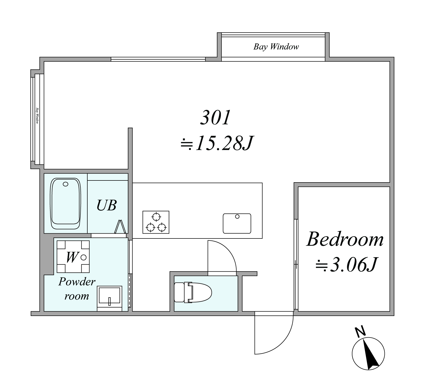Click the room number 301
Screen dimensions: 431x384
pyautogui.click(x=215, y=118)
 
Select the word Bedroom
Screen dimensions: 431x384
pyautogui.click(x=345, y=239)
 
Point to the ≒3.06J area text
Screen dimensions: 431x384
pyautogui.click(x=346, y=264)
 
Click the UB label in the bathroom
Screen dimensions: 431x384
pyautogui.click(x=107, y=205)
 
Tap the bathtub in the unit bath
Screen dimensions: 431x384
pyautogui.click(x=66, y=204)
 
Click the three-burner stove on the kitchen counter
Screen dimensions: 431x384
pyautogui.click(x=156, y=222)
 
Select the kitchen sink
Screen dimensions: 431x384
pyautogui.click(x=237, y=223)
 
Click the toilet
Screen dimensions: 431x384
pyautogui.click(x=193, y=292)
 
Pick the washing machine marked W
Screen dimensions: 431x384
pyautogui.click(x=73, y=256)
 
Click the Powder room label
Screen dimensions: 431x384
pyautogui.click(x=77, y=289)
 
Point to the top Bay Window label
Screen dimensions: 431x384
pyautogui.click(x=276, y=47)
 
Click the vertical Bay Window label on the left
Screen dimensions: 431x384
pyautogui.click(x=37, y=116)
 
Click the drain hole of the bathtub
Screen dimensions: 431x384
pyautogui.click(x=65, y=184)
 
